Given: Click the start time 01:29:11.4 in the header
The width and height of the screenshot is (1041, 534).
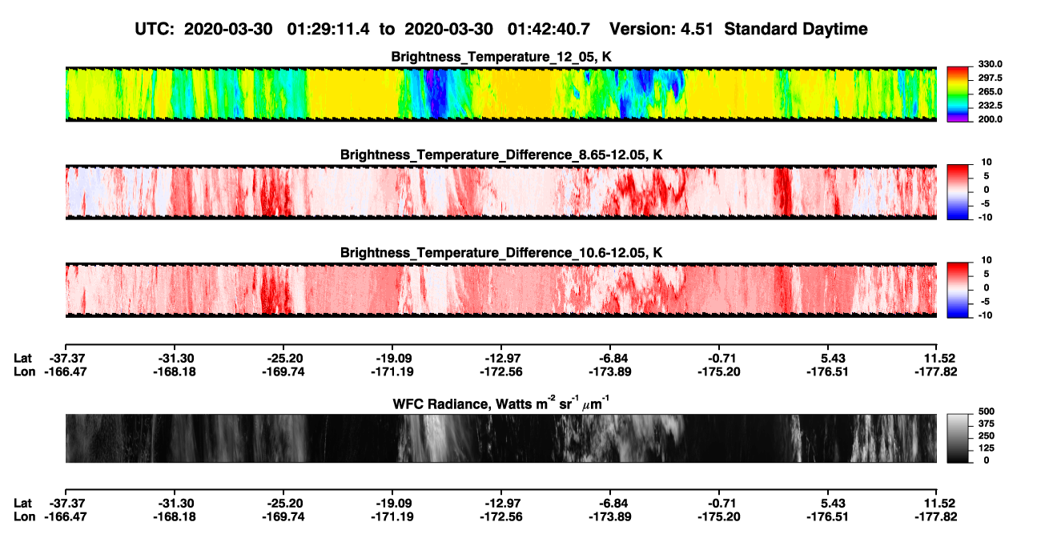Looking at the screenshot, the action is point(328,29).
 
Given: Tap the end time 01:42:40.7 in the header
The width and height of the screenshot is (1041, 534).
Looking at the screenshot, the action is point(549,29).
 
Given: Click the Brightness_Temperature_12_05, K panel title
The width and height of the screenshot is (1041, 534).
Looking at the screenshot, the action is point(501,57).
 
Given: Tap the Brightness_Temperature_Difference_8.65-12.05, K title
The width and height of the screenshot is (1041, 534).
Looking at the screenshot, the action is point(501,155).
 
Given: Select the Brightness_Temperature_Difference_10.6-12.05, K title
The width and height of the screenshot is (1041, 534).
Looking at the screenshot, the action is point(501,253).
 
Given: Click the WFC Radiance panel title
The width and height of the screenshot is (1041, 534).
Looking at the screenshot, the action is point(501,404).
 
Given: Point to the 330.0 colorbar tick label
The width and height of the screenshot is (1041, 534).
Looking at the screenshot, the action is point(990,64).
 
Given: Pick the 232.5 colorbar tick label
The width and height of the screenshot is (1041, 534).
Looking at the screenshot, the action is point(990,106).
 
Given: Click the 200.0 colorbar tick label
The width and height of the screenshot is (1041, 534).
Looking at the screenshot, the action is point(990,119).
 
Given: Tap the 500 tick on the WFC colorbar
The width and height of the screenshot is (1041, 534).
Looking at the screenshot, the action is point(987,412).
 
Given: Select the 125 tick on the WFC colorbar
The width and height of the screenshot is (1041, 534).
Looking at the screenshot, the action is point(987,448).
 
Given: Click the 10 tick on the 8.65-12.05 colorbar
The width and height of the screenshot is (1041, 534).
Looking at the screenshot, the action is point(987,163).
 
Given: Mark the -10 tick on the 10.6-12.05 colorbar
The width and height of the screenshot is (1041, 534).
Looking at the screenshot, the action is point(985,315).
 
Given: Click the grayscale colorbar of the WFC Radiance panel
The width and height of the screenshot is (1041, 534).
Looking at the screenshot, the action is point(958,438).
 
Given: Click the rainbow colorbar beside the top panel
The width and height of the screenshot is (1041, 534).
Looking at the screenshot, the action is point(958,94).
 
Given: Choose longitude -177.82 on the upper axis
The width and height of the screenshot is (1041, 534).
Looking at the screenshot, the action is point(936,371).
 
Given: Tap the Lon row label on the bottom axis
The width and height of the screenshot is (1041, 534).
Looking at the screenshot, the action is point(24,517).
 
